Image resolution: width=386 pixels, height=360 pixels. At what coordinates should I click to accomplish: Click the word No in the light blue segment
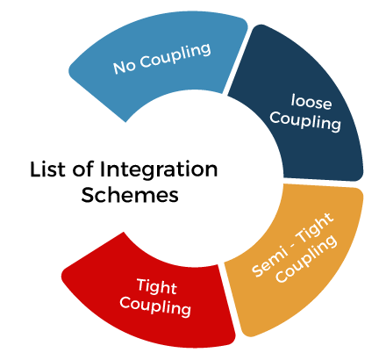click(125, 67)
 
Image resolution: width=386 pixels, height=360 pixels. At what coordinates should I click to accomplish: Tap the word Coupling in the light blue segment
click(175, 56)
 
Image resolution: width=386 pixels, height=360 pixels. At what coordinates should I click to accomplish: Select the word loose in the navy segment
click(311, 102)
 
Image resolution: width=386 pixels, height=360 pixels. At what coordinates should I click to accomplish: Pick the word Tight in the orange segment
click(316, 227)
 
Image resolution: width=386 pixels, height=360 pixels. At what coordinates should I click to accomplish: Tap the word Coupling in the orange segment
click(306, 258)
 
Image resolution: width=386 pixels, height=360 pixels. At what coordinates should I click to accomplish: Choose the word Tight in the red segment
click(157, 286)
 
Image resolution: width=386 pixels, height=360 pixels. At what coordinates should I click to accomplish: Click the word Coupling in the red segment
click(155, 306)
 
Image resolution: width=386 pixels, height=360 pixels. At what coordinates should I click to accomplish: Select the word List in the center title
click(47, 169)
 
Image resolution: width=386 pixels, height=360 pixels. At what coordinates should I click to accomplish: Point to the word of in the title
click(83, 169)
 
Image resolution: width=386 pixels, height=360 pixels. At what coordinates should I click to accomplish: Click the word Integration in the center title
click(159, 169)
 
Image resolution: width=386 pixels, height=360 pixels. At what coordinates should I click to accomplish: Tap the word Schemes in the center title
click(130, 195)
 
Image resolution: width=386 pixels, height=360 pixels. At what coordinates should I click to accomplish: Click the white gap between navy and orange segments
click(323, 183)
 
